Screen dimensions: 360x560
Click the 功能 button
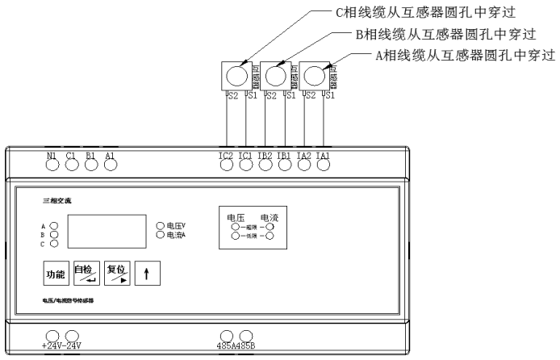(55, 274)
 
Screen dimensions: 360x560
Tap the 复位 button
(117, 273)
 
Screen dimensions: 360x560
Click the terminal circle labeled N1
(52, 165)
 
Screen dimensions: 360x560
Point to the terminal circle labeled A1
(110, 165)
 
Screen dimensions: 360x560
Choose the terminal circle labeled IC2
(227, 165)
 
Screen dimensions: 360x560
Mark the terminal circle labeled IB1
(285, 165)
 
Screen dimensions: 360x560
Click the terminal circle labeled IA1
(324, 165)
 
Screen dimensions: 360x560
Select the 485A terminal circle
(228, 336)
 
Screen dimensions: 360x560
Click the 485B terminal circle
(246, 336)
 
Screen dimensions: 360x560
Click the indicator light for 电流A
(160, 235)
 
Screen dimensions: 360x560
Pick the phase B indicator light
(54, 235)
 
